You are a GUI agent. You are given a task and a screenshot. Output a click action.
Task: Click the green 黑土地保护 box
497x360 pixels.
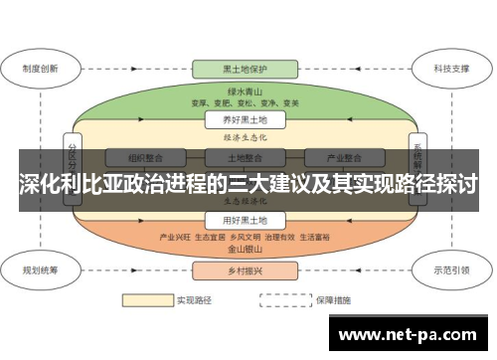[x=245, y=70]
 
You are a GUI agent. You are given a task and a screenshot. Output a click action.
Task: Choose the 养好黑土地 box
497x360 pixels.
[x=245, y=119]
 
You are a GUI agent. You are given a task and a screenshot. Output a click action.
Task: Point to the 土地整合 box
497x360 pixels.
[x=245, y=157]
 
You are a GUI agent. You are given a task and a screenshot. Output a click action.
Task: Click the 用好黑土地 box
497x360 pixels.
[x=245, y=220]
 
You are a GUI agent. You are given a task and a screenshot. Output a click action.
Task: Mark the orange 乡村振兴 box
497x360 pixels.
[x=245, y=270]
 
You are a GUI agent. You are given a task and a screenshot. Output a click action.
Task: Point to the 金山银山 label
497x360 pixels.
[x=245, y=250]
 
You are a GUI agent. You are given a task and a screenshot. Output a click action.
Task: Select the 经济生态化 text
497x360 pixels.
[x=245, y=137]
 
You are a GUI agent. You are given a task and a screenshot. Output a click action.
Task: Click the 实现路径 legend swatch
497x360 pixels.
[x=146, y=298]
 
